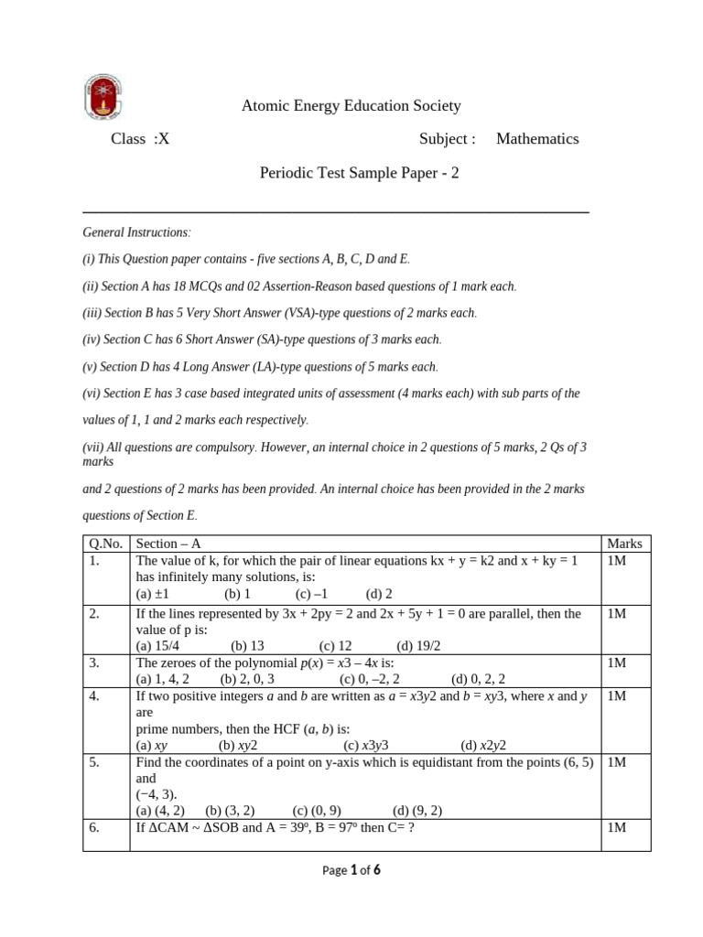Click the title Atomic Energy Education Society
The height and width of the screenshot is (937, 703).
pos(351,106)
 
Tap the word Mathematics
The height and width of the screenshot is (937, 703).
pos(537,139)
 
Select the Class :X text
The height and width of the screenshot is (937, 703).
pos(140,139)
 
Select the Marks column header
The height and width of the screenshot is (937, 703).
pos(624,544)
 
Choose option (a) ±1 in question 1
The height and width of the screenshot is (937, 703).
pos(152,593)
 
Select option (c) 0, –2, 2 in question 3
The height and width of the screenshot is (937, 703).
pos(372,679)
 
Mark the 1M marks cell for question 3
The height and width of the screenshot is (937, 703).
pos(616,662)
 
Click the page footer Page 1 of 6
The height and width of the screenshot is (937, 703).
pos(351,871)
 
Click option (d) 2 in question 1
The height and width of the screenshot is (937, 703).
pos(379,593)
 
